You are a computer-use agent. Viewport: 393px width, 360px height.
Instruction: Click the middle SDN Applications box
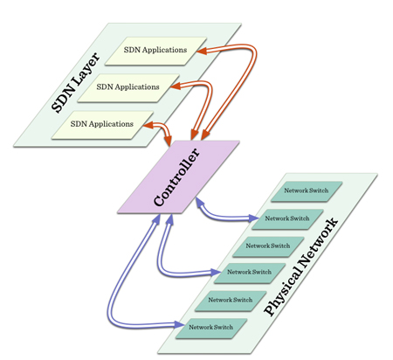point(128,87)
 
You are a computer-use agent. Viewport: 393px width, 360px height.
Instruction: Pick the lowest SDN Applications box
point(103,124)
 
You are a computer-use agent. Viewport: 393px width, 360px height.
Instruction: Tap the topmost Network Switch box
point(307,190)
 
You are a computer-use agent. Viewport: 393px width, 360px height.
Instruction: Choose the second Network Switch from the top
point(287,218)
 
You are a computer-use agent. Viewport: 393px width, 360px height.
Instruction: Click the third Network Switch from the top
point(268,246)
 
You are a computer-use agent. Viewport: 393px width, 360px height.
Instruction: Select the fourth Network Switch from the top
point(249,272)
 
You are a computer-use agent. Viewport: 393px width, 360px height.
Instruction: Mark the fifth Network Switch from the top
point(230,300)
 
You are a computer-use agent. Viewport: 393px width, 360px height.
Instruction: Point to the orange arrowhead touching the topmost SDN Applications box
point(201,52)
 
